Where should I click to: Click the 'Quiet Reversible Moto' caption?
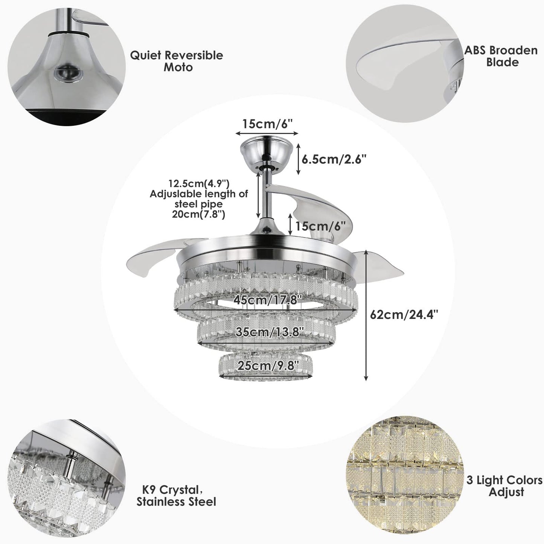[177, 61]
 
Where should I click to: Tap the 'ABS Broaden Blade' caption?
[501, 56]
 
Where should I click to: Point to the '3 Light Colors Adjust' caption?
[504, 486]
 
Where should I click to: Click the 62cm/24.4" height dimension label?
[404, 314]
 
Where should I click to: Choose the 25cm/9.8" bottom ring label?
[268, 366]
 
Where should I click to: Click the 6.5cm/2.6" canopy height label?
[334, 160]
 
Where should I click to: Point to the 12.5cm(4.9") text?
[199, 184]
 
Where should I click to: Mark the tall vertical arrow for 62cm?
[366, 315]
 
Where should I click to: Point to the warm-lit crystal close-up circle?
[405, 474]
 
